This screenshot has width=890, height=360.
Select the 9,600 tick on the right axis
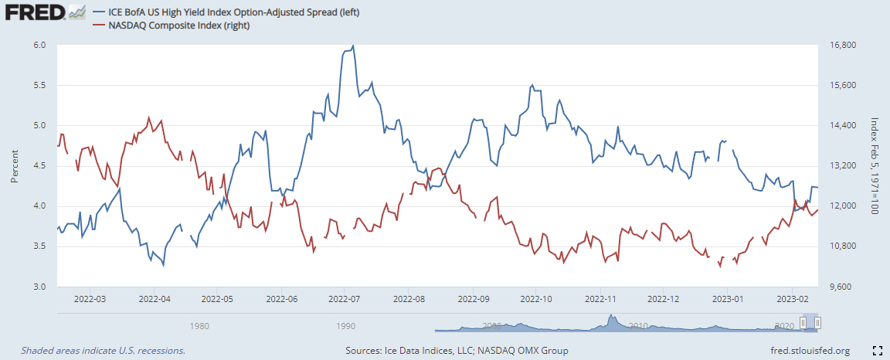point(837,287)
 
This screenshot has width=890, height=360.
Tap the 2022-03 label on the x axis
point(90,298)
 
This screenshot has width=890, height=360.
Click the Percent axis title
point(14,165)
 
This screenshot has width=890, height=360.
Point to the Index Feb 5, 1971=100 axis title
point(875,165)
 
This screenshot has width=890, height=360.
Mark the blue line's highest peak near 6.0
point(353,46)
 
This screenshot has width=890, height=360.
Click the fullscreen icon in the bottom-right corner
point(878,351)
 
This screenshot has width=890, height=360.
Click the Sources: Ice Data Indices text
point(457,351)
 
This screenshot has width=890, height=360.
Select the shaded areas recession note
point(103,351)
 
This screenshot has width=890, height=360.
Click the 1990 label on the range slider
point(345,325)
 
